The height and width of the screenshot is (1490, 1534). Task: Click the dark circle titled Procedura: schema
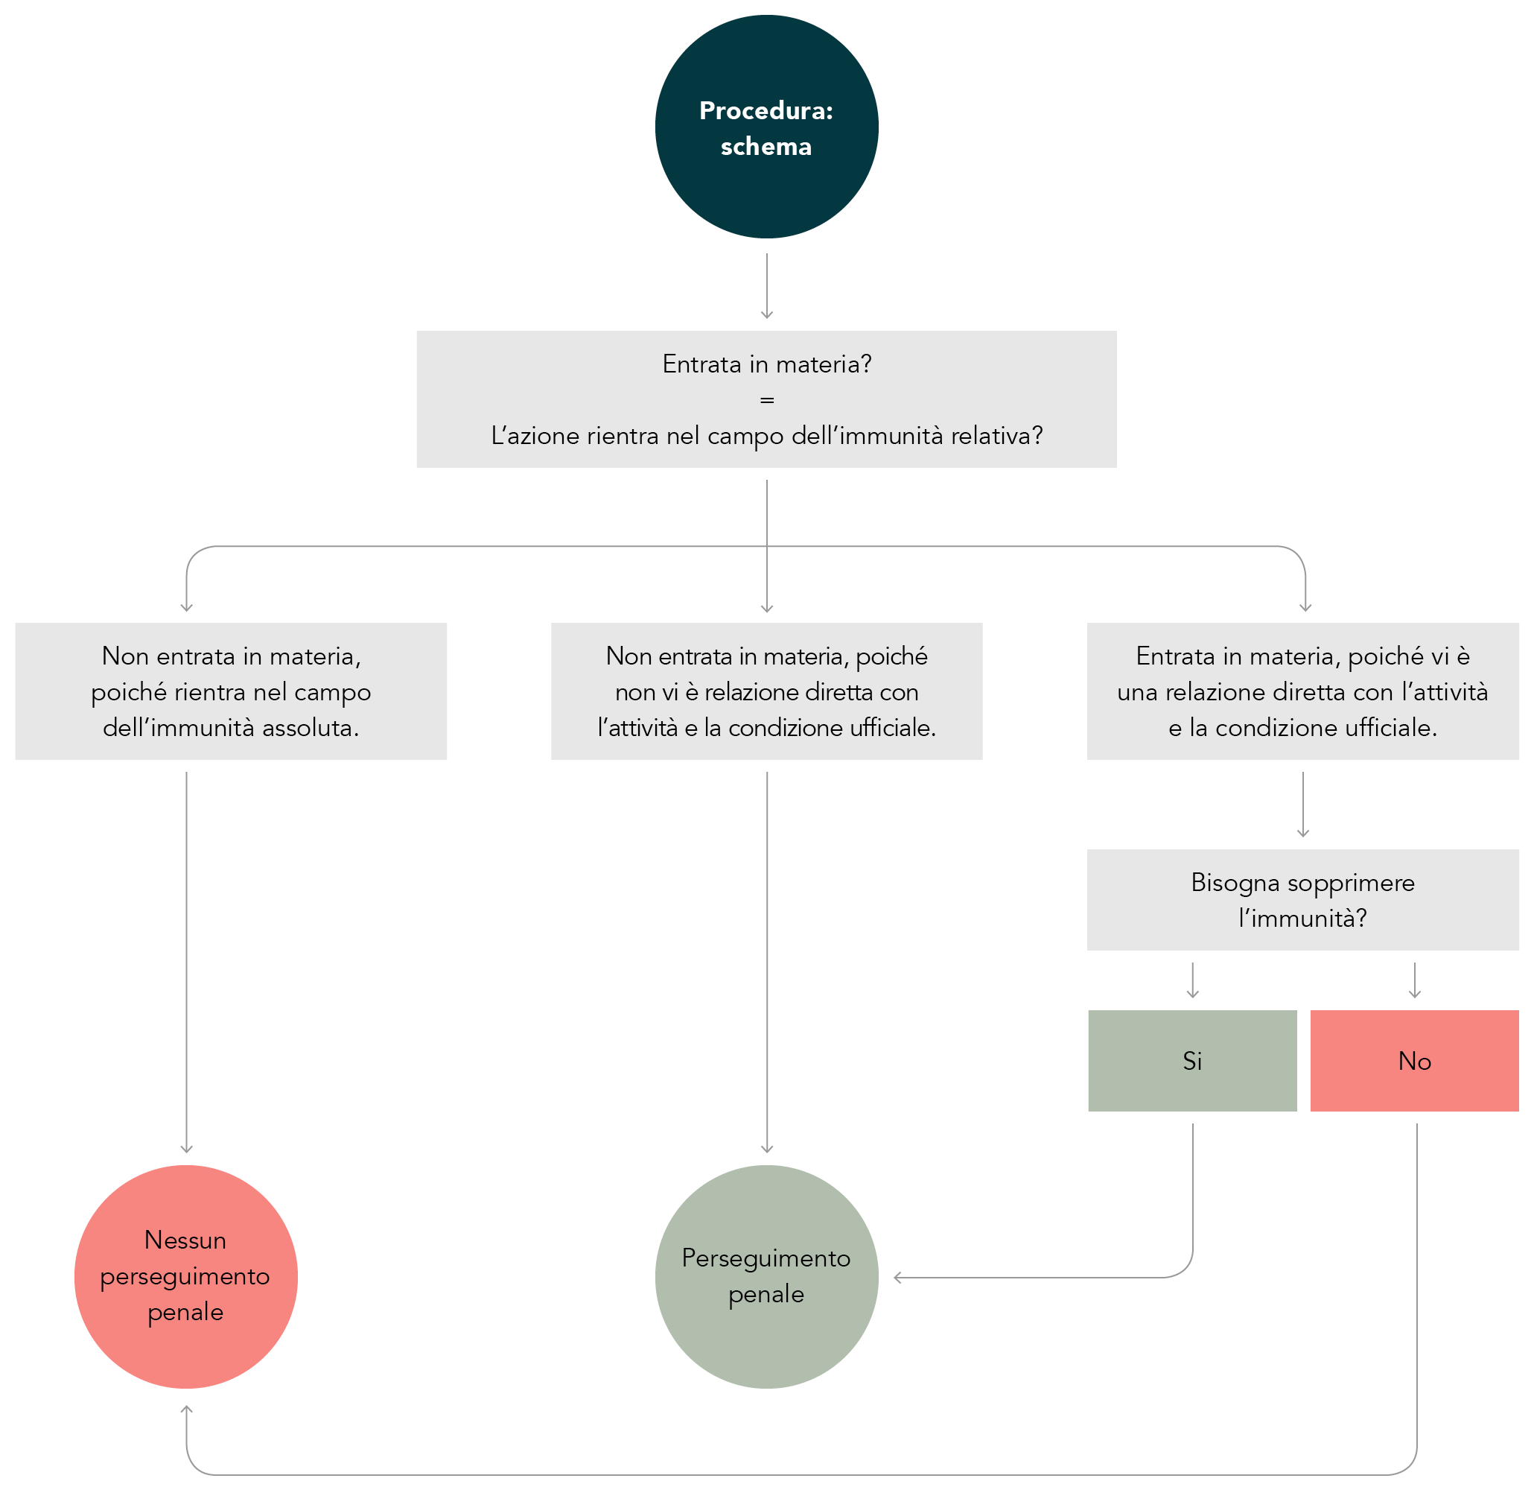click(x=766, y=127)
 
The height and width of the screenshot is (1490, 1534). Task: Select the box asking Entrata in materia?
click(x=766, y=399)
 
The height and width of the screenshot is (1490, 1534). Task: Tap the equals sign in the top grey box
click(x=767, y=400)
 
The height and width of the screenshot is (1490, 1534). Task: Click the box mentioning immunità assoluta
click(x=231, y=691)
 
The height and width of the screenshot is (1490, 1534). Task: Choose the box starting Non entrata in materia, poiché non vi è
click(x=766, y=691)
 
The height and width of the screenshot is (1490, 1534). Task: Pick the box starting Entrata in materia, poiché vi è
click(x=1302, y=691)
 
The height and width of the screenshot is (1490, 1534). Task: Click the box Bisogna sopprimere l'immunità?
click(x=1302, y=900)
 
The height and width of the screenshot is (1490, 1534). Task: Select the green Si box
click(x=1192, y=1061)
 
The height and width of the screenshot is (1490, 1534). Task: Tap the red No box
click(x=1414, y=1061)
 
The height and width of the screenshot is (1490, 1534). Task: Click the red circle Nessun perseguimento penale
click(x=186, y=1277)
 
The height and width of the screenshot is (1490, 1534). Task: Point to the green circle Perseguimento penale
click(x=766, y=1277)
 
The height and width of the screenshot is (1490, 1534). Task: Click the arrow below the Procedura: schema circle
click(x=767, y=286)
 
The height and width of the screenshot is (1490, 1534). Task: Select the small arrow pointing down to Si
click(x=1193, y=980)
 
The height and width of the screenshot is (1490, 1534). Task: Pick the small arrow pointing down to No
click(x=1415, y=980)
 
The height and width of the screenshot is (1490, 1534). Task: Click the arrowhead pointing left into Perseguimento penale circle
click(x=899, y=1278)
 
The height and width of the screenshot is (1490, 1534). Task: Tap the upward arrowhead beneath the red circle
click(x=186, y=1410)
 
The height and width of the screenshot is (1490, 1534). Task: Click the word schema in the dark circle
click(x=766, y=147)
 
